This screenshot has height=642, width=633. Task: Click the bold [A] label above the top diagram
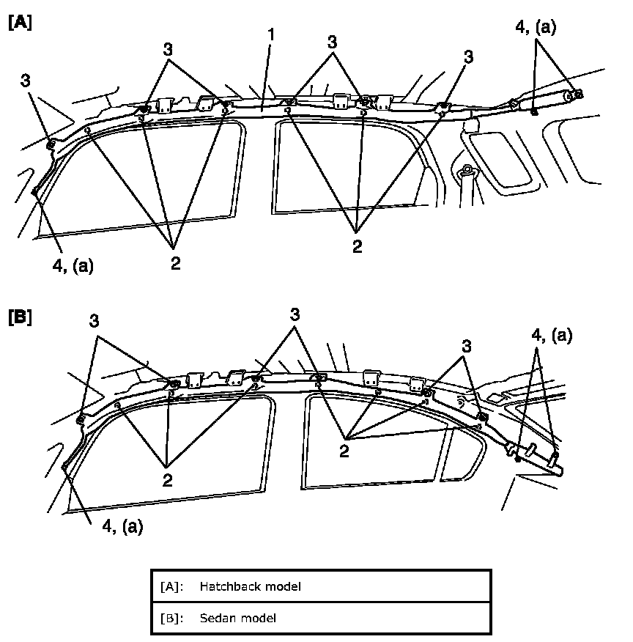click(x=20, y=22)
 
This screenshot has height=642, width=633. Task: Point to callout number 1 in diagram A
click(x=271, y=34)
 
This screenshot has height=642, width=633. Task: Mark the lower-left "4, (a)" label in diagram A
click(x=73, y=265)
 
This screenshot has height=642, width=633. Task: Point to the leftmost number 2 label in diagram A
click(x=175, y=263)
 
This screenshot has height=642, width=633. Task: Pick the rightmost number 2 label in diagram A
click(x=357, y=247)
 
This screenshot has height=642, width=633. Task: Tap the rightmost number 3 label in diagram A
click(x=468, y=56)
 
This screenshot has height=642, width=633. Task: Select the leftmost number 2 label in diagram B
click(x=169, y=479)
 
